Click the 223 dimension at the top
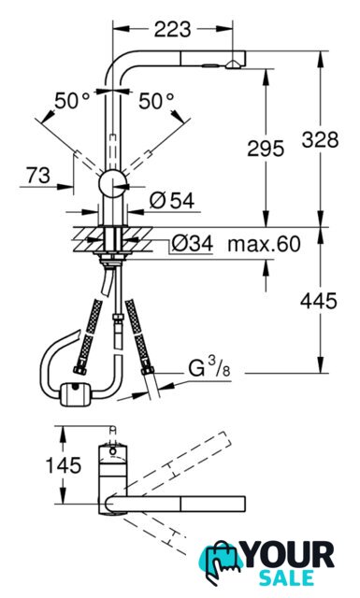pyautogui.click(x=172, y=29)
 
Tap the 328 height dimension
pyautogui.click(x=320, y=139)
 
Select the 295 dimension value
pyautogui.click(x=266, y=148)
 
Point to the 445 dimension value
pyautogui.click(x=319, y=301)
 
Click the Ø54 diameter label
pyautogui.click(x=172, y=200)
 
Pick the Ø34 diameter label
pyautogui.click(x=192, y=243)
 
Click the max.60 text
pyautogui.click(x=265, y=244)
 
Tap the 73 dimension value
pyautogui.click(x=38, y=176)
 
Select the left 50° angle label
pyautogui.click(x=72, y=101)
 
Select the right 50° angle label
pyautogui.click(x=156, y=101)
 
